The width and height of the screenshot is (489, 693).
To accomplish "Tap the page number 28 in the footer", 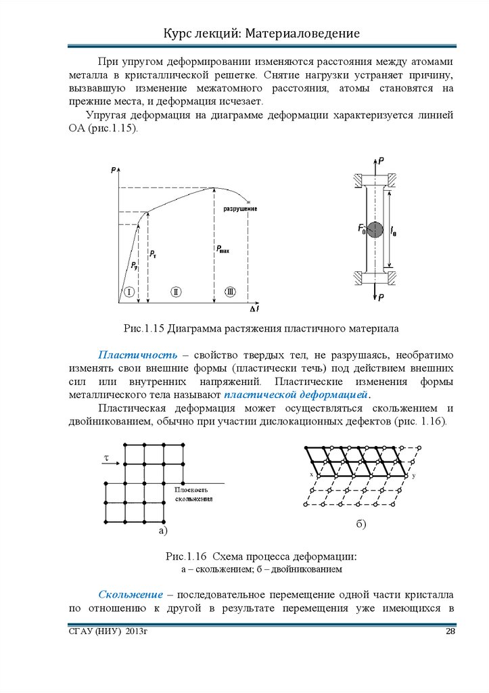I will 450,631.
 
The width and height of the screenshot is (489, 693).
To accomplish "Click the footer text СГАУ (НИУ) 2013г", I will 108,631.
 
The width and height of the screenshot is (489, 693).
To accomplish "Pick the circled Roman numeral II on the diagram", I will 176,292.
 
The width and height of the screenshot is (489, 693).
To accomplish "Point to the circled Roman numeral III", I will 231,292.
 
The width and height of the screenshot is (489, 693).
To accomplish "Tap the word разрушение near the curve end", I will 240,208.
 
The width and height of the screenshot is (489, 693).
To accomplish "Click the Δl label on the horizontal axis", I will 254,309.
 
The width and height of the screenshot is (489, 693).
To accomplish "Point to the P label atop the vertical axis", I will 112,171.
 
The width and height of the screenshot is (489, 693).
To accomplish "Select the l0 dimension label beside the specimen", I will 394,232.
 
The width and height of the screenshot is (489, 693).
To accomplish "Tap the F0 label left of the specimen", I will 362,229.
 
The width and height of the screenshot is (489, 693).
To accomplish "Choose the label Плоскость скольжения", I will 195,493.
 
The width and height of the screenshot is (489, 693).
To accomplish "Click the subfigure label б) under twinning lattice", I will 361,525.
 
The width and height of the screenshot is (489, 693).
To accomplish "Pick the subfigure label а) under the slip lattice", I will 162,531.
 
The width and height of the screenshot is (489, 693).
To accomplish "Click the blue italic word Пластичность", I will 138,355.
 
